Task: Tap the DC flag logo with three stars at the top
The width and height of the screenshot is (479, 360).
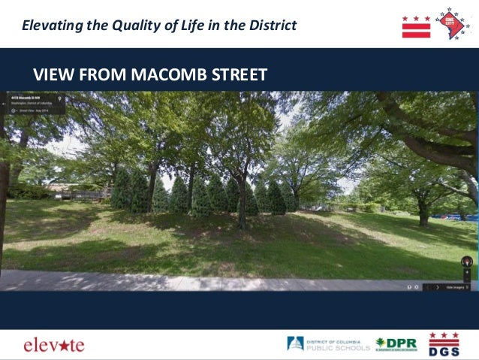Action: [x=416, y=26]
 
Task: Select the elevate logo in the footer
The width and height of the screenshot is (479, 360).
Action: [x=54, y=345]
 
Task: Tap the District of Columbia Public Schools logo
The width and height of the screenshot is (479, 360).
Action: [x=328, y=344]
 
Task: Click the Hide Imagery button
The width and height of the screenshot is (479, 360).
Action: [x=456, y=286]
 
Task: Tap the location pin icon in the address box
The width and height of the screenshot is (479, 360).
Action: [x=60, y=98]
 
